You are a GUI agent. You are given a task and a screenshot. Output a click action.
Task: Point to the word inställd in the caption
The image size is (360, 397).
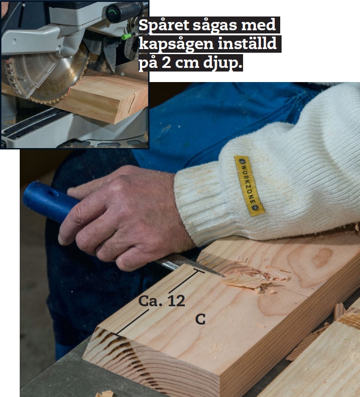point(247,44)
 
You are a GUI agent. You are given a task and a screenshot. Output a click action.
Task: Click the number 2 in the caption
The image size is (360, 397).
point(166,62)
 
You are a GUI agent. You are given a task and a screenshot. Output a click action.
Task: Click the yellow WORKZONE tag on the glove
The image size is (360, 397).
point(249,186)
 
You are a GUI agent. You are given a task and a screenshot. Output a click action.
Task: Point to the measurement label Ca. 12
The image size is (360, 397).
point(161,301)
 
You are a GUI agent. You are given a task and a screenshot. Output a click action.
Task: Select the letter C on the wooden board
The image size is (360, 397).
point(200,320)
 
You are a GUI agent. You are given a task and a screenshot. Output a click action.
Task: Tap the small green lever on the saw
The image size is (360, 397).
point(127,36)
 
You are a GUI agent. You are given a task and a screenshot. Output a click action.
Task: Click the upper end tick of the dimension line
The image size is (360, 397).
point(199,271)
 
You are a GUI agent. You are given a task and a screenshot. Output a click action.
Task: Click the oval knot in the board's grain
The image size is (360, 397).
point(322,258)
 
